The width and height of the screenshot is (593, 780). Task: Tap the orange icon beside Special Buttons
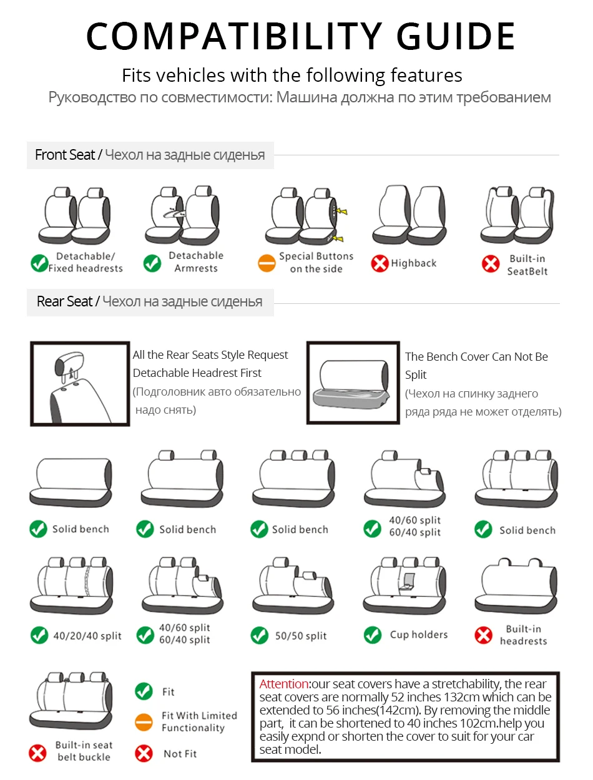point(267,263)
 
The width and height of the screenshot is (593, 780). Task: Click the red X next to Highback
point(380,263)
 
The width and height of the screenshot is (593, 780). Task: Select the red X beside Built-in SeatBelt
point(491,264)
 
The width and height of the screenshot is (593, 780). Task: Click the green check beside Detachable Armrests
point(152,263)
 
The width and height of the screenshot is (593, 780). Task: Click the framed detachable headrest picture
point(80,383)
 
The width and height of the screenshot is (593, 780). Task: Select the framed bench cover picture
point(353,383)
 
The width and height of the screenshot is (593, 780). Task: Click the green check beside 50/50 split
point(259,635)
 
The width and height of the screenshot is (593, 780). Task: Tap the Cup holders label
point(419,635)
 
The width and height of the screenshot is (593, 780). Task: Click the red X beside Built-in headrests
point(484,635)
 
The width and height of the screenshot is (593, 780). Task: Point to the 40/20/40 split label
point(87,636)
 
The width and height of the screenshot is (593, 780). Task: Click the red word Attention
point(284,684)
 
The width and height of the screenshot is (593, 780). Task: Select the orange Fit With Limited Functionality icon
point(144,722)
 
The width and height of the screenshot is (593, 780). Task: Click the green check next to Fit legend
point(144,691)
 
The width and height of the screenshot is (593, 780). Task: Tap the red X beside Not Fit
point(144,753)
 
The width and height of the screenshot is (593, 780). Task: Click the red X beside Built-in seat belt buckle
point(38,753)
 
